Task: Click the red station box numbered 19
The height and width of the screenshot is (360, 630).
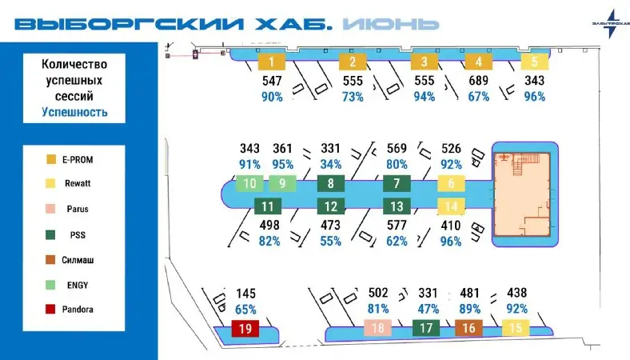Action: [x=245, y=328]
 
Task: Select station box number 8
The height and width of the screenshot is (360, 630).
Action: [x=331, y=183]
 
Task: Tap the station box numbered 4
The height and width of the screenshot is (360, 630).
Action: [x=479, y=62]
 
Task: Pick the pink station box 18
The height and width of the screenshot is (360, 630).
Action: [x=377, y=328]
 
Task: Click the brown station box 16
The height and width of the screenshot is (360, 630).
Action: [x=469, y=328]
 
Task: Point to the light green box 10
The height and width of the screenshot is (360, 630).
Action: [x=249, y=183]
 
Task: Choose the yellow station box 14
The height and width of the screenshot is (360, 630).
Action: [x=451, y=206]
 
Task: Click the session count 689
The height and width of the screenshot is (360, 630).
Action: [x=479, y=81]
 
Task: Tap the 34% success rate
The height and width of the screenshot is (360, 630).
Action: [x=331, y=164]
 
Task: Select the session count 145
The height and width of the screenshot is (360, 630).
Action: [x=246, y=294]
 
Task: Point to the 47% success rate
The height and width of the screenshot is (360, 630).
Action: [x=428, y=309]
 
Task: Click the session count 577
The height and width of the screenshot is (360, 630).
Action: [x=397, y=226]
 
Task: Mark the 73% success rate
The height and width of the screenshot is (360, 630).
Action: [x=353, y=97]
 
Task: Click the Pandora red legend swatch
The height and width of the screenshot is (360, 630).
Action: [x=50, y=309]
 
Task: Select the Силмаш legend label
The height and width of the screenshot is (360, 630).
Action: [x=78, y=260]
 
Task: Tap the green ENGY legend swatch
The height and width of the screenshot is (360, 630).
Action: [x=50, y=285]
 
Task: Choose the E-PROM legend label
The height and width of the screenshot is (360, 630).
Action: [x=78, y=160]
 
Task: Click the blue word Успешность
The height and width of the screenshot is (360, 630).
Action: [x=74, y=112]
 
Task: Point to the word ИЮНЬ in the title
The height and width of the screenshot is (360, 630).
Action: [x=390, y=24]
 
